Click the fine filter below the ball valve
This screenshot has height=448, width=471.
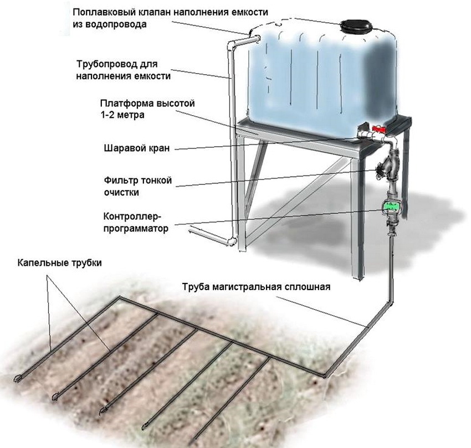387,164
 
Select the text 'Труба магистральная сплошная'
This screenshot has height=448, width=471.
256,287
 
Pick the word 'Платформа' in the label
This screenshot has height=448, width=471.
122,104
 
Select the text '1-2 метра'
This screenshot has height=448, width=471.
121,115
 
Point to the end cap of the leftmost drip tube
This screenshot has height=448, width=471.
17,379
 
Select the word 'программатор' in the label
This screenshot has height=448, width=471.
136,227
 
